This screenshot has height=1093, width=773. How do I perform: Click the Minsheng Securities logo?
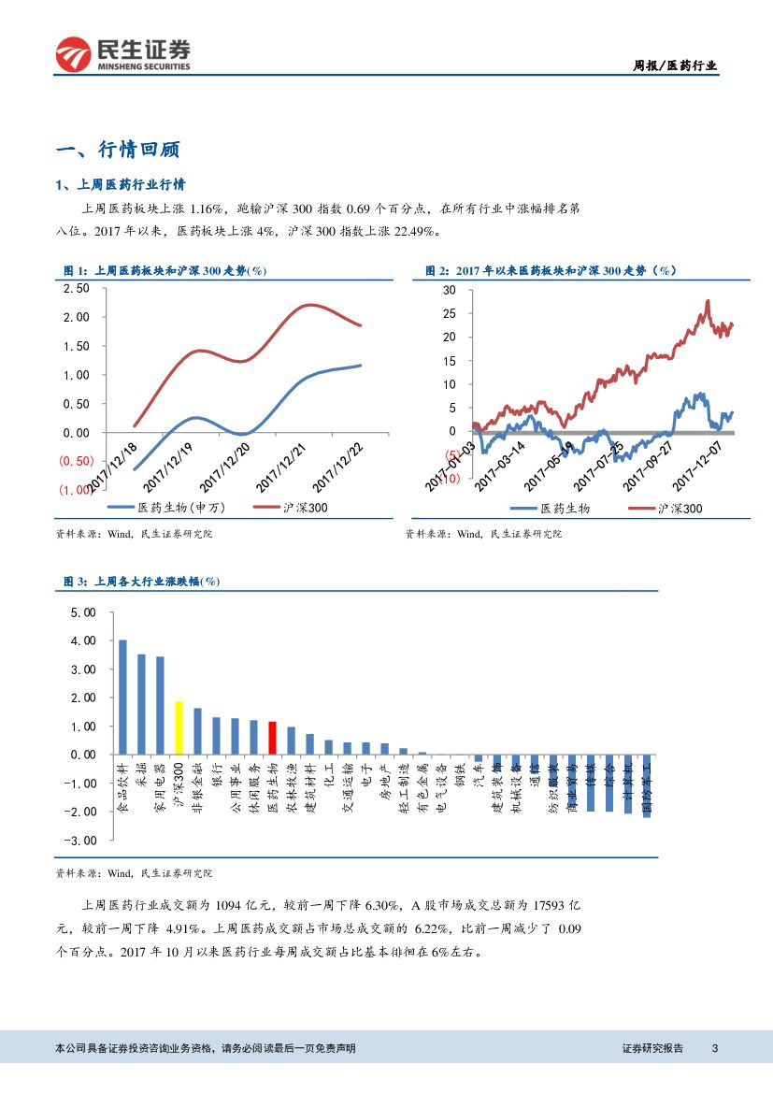(x=122, y=54)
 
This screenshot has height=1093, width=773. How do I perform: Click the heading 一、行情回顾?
(x=118, y=150)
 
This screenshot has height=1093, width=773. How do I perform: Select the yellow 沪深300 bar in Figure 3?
(x=179, y=727)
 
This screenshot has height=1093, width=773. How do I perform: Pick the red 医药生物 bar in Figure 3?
(x=272, y=738)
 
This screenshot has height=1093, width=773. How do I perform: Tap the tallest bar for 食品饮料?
(x=122, y=697)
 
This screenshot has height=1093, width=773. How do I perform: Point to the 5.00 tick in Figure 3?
(x=83, y=613)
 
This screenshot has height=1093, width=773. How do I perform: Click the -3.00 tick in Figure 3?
(x=81, y=840)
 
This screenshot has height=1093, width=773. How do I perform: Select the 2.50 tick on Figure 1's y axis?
(x=75, y=288)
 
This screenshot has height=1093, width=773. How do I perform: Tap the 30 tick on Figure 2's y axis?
(x=450, y=290)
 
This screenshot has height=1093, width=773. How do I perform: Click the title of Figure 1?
(x=165, y=270)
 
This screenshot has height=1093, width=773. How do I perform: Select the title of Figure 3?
(x=140, y=582)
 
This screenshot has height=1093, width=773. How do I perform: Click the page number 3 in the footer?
(x=714, y=1048)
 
